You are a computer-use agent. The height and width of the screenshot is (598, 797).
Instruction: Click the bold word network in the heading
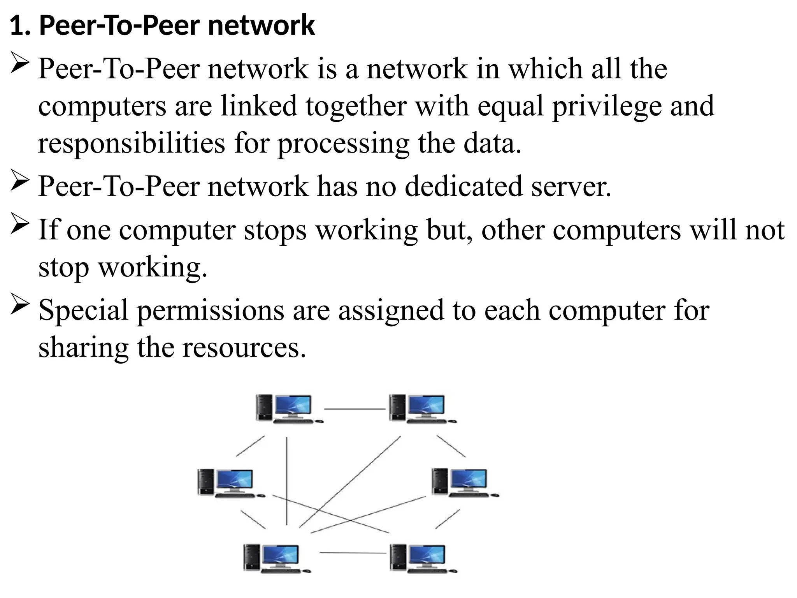coord(261,26)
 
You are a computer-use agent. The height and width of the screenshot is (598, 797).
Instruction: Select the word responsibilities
coord(132,144)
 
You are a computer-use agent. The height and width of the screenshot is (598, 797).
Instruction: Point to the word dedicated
coord(463,186)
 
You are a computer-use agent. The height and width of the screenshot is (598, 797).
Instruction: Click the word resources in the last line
coord(244,348)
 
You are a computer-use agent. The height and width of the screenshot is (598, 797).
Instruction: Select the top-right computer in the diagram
coord(422,408)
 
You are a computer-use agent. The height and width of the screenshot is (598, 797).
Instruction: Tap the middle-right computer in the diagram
coord(465,483)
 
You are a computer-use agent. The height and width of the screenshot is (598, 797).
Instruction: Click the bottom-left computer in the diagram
coord(276,558)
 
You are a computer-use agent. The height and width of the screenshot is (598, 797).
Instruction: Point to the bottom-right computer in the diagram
coord(423,558)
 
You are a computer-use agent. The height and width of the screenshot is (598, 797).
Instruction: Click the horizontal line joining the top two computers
coord(355,409)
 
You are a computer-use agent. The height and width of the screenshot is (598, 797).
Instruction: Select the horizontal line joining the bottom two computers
coord(353,552)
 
